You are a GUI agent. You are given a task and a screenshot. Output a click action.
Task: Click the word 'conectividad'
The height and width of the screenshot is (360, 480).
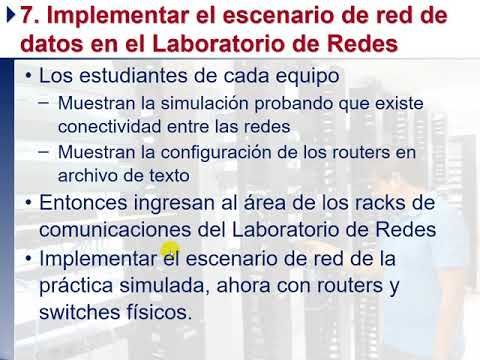pyautogui.click(x=107, y=125)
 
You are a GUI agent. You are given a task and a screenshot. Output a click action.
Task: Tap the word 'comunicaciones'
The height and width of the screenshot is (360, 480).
pyautogui.click(x=111, y=229)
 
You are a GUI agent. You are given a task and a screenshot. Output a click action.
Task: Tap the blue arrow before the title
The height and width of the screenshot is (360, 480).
pyautogui.click(x=12, y=17)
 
